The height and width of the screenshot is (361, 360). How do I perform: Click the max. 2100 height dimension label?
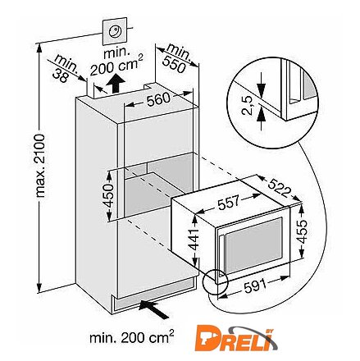click(40, 166)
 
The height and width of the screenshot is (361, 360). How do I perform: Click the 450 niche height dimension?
click(107, 195)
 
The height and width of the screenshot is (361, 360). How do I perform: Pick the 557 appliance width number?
click(228, 202)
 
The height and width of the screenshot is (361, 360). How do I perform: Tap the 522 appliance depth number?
click(278, 188)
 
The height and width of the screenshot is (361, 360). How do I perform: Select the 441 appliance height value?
click(194, 240)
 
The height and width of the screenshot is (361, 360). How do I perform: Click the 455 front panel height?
click(302, 231)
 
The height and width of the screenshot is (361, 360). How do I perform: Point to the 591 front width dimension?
click(255, 286)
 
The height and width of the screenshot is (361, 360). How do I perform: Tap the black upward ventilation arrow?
click(116, 84)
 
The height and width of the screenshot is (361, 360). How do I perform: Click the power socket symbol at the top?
click(115, 31)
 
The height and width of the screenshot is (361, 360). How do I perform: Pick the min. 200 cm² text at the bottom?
click(132, 336)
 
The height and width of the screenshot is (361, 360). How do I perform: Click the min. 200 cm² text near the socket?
click(116, 62)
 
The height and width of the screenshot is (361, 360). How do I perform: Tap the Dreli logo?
click(236, 337)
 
